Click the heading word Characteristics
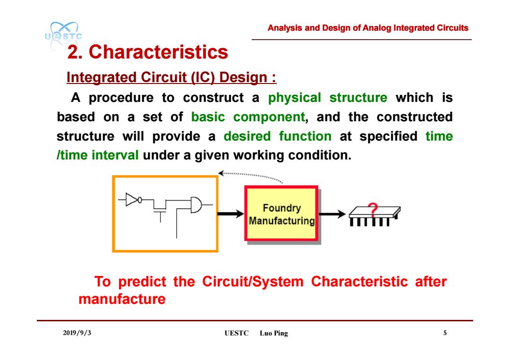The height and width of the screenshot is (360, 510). (x=158, y=52)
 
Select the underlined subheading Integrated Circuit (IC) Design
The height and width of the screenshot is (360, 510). (x=171, y=77)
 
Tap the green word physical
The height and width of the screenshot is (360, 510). (x=294, y=98)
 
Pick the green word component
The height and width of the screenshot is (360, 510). (x=269, y=117)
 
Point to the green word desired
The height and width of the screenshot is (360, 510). (x=247, y=136)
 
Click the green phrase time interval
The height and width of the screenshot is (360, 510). (x=98, y=155)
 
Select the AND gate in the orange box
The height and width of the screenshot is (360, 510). (x=196, y=205)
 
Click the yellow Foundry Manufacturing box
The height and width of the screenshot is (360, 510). (x=281, y=213)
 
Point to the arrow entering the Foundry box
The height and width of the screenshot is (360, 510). (x=230, y=213)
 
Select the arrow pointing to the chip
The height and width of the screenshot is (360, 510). (x=332, y=214)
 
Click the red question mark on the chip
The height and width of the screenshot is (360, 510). (x=373, y=210)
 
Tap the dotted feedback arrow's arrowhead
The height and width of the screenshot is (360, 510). (x=221, y=173)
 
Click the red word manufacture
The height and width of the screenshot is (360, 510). (x=122, y=299)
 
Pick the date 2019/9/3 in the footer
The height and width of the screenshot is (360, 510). (x=77, y=333)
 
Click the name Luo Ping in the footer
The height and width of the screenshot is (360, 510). (x=274, y=333)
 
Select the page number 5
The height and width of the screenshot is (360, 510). (x=445, y=333)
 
